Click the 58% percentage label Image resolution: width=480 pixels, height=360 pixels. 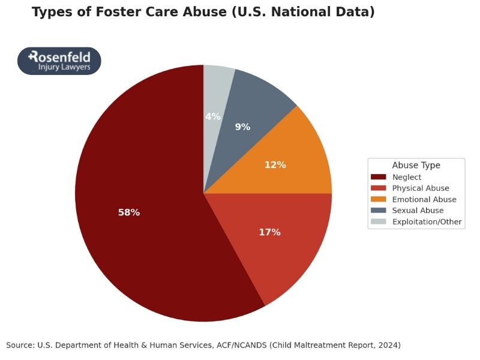[x=129, y=212]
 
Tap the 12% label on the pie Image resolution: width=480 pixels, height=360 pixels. [x=275, y=164]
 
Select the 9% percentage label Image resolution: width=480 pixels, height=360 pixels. [x=242, y=127]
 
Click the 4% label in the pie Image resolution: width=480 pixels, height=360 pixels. [x=213, y=116]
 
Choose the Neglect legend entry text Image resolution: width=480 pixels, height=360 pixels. [x=407, y=177]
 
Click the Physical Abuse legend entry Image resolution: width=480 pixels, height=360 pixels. [x=421, y=188]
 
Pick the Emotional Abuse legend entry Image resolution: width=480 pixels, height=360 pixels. [x=424, y=199]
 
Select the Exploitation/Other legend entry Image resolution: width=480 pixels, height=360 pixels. [x=427, y=222]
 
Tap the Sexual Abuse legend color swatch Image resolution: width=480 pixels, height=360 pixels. [x=379, y=211]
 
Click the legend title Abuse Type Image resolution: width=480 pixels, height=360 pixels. [x=416, y=165]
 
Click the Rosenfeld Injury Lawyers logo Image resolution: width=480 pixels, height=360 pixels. [x=59, y=61]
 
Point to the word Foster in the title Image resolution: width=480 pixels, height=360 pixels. [x=119, y=12]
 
